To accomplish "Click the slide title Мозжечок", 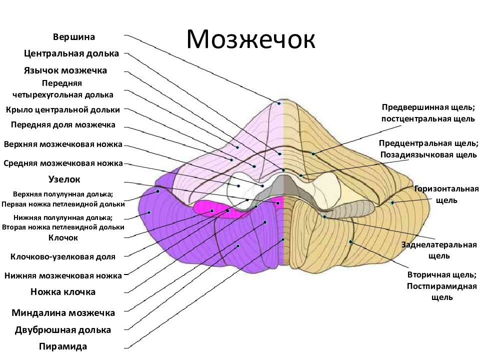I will coord(250,40).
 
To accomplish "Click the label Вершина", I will coord(74,37).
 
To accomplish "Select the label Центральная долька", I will coord(71,53).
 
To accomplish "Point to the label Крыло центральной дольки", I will coord(63,109).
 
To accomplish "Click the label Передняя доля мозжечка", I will coord(63,124).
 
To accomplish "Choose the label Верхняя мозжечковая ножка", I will coord(63,144).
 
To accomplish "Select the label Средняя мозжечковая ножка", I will coord(63,163).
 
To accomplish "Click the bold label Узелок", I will coord(64,178).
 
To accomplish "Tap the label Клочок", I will coord(63,237).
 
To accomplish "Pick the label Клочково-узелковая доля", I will coord(63,257).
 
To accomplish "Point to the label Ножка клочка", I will coord(63,291).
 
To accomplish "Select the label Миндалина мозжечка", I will coord(63,313).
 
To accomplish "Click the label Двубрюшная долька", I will coord(63,330).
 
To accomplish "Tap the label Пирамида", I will coord(63,346).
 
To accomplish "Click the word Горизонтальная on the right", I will coord(446,189).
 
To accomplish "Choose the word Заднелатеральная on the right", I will coord(439,245).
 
